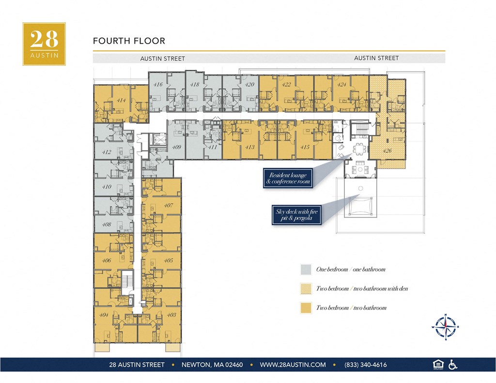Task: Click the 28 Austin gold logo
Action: point(44,44)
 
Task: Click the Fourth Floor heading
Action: point(129,41)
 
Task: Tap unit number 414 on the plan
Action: point(121,101)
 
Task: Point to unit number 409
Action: point(177,147)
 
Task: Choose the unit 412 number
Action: point(107,152)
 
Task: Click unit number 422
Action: point(286,84)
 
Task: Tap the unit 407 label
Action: point(168,205)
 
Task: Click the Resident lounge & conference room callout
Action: point(288,178)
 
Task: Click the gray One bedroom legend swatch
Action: point(306,269)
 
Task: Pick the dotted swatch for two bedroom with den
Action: point(306,289)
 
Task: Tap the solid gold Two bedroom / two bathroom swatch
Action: point(306,307)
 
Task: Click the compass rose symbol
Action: point(444,326)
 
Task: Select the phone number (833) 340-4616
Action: point(365,365)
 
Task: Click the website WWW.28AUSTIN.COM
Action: point(293,365)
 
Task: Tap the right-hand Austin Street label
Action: point(376,58)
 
